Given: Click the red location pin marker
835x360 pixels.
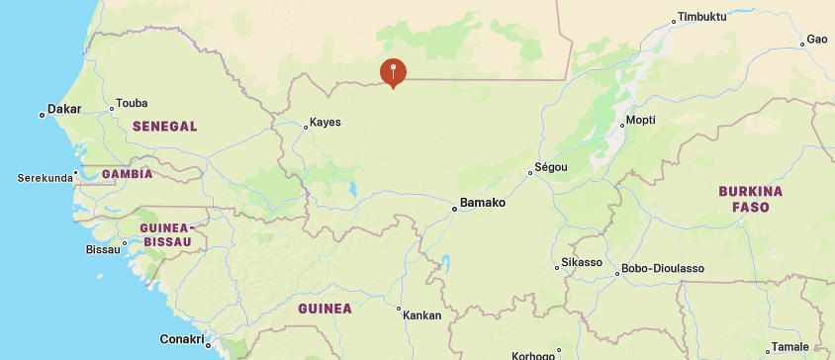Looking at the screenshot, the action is (393, 72).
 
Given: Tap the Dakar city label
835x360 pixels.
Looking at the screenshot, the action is (64, 109).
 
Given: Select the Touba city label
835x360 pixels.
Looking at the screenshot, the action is (132, 103).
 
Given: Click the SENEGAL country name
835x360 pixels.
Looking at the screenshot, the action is (164, 127).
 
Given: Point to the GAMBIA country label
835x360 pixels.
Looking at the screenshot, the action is (127, 174).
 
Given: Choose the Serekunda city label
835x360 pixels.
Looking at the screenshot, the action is (46, 178).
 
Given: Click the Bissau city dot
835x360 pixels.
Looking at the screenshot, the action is (125, 242).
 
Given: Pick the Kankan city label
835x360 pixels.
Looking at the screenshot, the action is (422, 315).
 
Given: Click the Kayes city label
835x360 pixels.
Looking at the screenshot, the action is (325, 123).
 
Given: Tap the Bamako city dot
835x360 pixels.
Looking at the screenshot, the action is (454, 209).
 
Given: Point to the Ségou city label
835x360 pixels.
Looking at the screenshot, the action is (551, 167).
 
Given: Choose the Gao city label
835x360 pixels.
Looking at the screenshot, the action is (816, 39).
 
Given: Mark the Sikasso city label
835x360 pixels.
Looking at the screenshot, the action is (582, 262).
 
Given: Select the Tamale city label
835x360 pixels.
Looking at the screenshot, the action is (789, 346).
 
